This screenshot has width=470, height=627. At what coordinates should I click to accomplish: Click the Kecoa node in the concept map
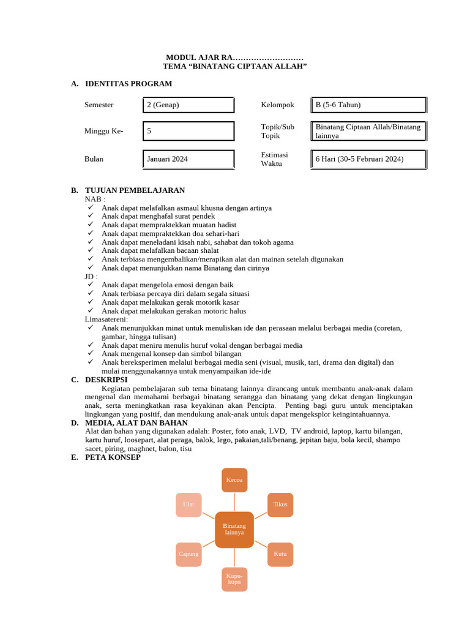[x=234, y=479]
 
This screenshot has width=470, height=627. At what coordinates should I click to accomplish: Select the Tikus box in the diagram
[x=280, y=505]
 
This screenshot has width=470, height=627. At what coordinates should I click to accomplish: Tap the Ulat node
[x=188, y=505]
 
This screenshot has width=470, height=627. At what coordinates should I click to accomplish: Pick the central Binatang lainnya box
[x=234, y=529]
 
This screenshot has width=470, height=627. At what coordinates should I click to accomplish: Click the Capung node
[x=188, y=554]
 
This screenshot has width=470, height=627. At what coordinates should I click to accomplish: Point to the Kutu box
[x=280, y=554]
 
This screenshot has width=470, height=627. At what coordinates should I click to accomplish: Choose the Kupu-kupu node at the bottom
[x=234, y=579]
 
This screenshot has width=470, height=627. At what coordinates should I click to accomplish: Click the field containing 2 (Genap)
[x=188, y=105]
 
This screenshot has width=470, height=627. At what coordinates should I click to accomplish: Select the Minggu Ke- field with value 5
[x=188, y=131]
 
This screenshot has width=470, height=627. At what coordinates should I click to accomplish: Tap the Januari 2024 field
[x=188, y=159]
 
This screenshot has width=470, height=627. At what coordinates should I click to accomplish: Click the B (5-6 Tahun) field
[x=368, y=105]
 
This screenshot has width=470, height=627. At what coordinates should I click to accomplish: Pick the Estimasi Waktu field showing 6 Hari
[x=368, y=159]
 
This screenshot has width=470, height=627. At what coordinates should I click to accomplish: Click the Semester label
[x=99, y=105]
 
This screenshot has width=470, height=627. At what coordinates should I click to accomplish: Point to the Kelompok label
[x=277, y=105]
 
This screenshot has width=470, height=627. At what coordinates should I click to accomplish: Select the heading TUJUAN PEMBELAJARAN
[x=135, y=190]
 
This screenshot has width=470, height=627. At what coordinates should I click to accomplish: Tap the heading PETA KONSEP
[x=113, y=457]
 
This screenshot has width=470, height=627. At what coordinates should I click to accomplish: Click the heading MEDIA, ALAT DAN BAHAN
[x=137, y=423]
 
